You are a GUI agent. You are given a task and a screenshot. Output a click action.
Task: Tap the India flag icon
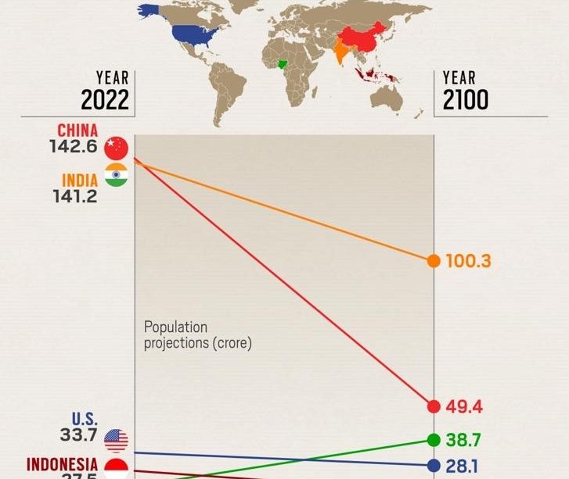tap(116, 177)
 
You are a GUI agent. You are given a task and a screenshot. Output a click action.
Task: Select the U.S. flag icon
tap(116, 440)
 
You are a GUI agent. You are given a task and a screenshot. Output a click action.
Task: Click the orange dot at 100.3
tap(433, 261)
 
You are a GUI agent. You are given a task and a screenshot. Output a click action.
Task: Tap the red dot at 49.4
tap(433, 406)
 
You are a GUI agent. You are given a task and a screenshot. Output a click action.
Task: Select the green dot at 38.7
tap(433, 440)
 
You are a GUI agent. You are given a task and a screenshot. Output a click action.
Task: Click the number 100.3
tap(468, 261)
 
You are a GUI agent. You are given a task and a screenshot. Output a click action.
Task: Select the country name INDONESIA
tap(63, 464)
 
